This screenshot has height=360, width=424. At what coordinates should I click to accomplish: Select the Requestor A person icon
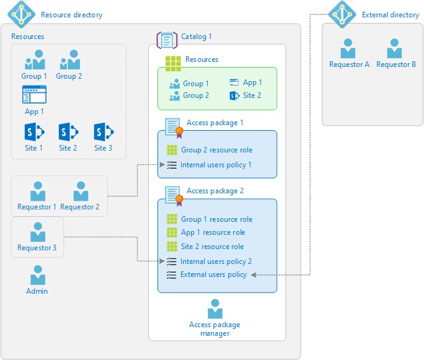pos(348,49)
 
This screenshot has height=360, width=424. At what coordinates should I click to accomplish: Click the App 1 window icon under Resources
pos(34,95)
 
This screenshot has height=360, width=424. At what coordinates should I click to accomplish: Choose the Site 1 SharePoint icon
pos(33,132)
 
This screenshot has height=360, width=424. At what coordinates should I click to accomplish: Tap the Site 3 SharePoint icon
pos(103,132)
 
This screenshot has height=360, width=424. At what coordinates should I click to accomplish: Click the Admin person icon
pos(37,275)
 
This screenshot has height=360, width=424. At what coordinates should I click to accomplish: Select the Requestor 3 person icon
pos(37,232)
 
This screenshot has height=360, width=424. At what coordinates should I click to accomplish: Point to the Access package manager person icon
pos(214,309)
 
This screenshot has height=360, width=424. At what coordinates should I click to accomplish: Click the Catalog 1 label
pos(196,37)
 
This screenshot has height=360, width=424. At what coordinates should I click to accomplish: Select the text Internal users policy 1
pos(216,165)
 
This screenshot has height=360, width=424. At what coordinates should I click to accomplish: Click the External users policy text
pos(213,274)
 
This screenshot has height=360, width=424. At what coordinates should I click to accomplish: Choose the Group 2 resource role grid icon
pos(172,150)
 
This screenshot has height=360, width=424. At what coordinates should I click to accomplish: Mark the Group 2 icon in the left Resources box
pos(69,61)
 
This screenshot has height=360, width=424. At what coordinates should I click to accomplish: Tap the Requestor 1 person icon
pos(37,191)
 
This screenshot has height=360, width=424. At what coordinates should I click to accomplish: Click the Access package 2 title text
pos(214,191)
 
